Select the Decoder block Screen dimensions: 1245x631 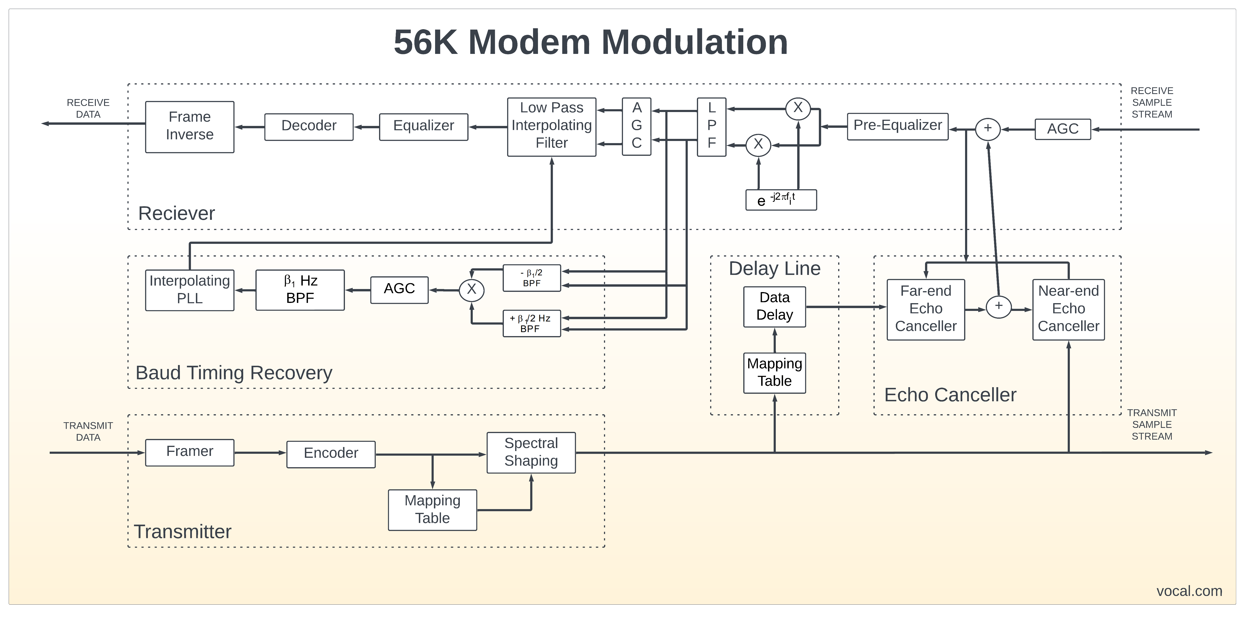309,127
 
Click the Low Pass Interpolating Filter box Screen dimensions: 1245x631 551,127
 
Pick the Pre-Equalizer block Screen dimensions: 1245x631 897,127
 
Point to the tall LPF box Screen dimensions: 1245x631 711,127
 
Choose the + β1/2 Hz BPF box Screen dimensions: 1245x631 532,323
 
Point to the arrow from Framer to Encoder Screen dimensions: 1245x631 260,453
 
